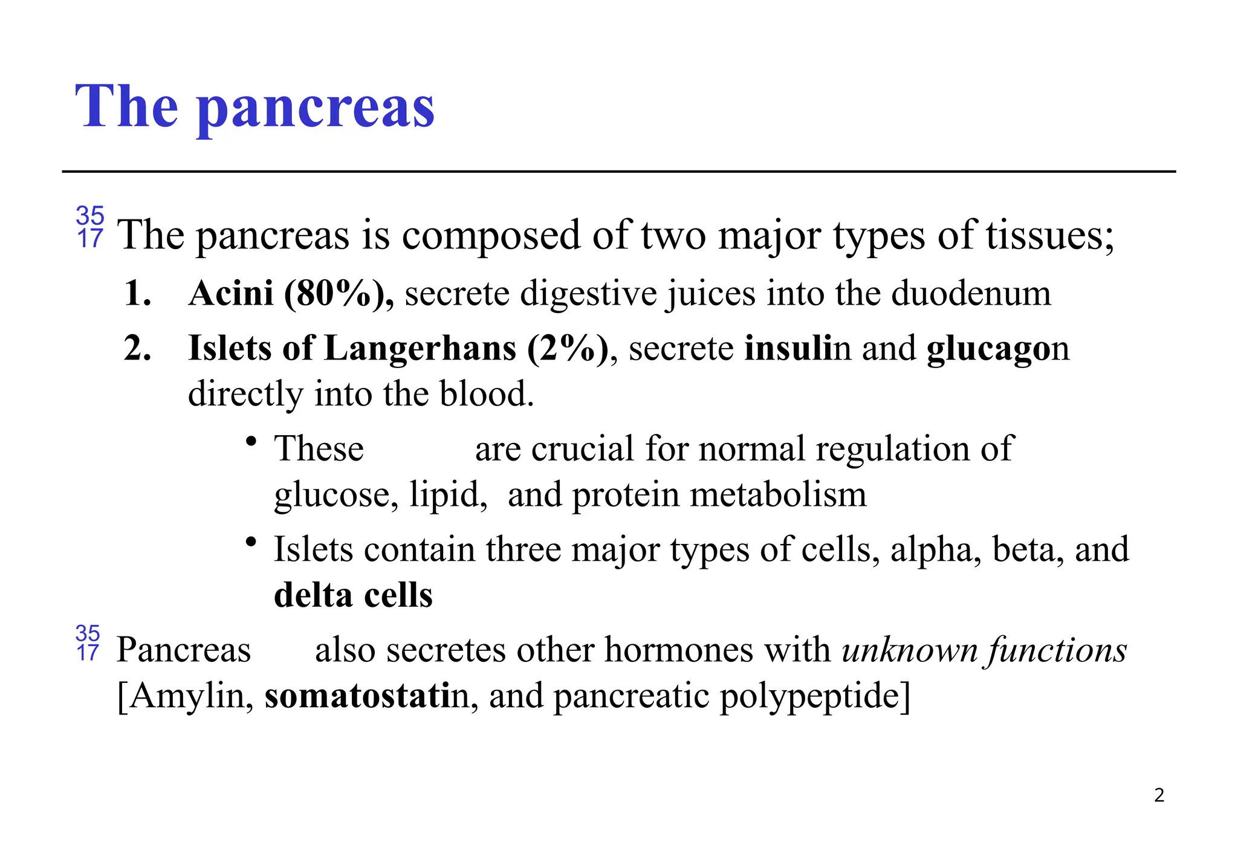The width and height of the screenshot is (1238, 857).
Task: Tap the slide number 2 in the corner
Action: (1159, 795)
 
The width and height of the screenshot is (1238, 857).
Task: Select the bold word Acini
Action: (231, 294)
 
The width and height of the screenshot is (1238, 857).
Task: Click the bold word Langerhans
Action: (420, 349)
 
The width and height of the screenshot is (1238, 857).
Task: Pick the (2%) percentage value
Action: (568, 349)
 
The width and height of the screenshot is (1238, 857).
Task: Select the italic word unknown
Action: (909, 650)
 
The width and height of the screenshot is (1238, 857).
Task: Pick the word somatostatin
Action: (367, 696)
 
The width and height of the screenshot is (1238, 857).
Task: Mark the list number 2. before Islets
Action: (137, 349)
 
